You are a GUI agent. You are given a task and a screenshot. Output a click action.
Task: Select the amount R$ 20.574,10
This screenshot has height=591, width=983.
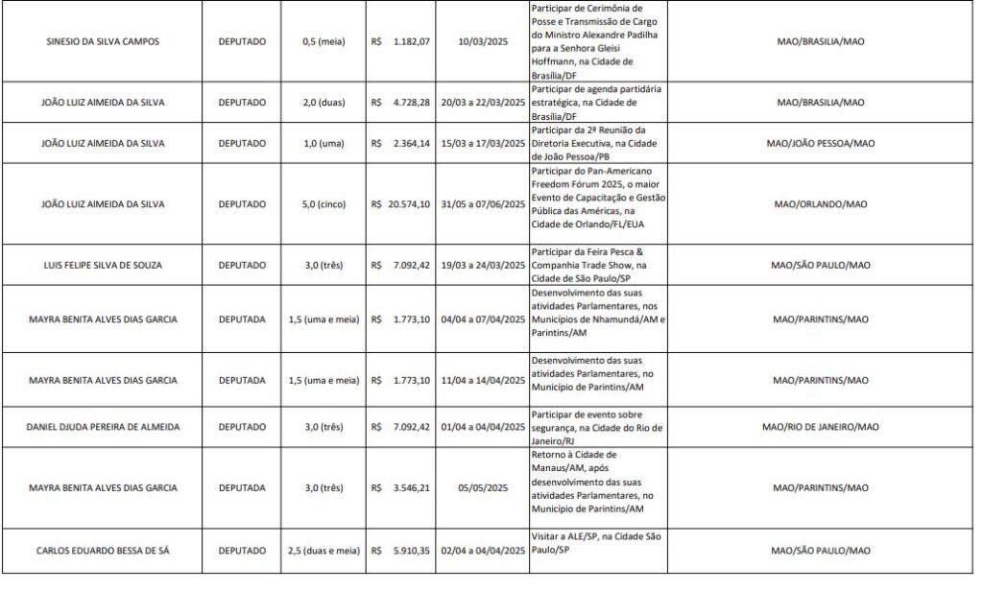(x=401, y=204)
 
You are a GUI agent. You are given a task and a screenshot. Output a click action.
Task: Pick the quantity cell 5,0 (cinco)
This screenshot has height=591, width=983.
(x=317, y=204)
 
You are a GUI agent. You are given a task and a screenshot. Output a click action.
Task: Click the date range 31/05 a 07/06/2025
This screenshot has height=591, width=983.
(x=482, y=204)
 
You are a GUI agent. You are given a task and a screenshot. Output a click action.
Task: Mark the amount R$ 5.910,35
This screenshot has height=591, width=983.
(x=401, y=551)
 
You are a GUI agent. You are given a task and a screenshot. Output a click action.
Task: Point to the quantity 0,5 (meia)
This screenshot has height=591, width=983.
(x=317, y=43)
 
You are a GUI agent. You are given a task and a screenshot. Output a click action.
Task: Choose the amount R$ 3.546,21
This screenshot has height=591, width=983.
(x=401, y=487)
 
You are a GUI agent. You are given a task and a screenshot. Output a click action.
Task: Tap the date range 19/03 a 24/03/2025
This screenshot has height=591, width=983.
(x=482, y=265)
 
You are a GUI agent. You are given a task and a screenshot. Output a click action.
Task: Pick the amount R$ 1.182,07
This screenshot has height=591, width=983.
(x=401, y=43)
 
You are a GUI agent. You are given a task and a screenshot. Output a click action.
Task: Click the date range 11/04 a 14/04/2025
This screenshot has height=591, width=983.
(x=482, y=381)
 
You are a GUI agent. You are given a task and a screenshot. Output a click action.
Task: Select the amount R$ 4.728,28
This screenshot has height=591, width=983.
(x=401, y=102)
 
